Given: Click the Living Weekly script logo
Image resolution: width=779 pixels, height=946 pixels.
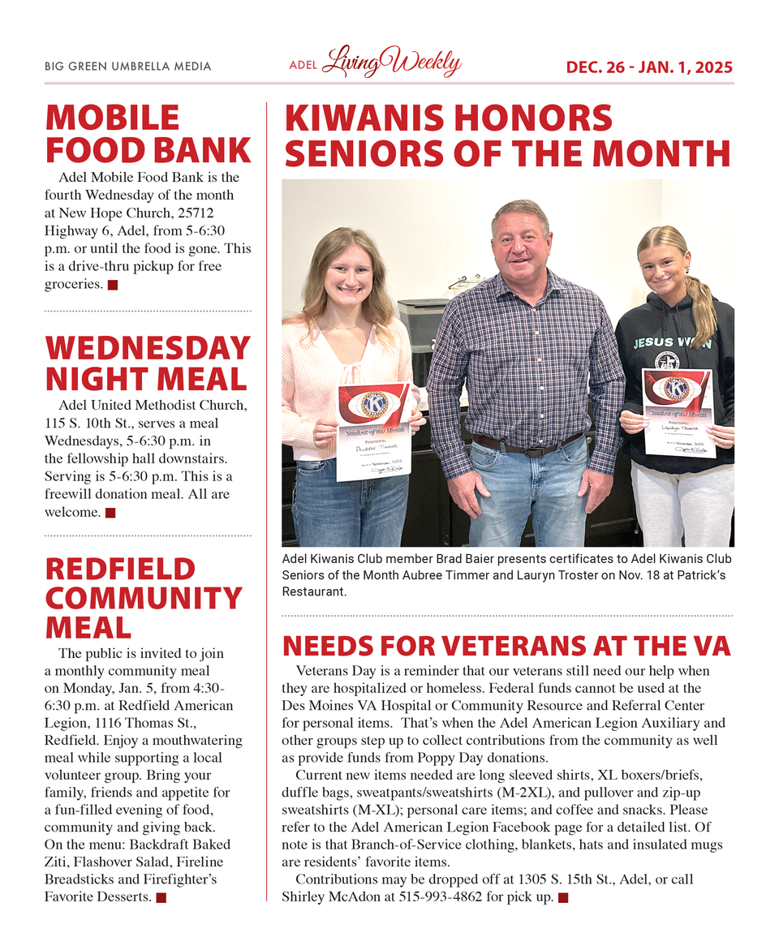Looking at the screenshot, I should click(391, 62).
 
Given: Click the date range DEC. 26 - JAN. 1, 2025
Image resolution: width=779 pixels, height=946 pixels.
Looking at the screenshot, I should click(649, 67).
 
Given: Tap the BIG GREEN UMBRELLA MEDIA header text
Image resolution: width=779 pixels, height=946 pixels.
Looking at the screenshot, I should click(127, 67).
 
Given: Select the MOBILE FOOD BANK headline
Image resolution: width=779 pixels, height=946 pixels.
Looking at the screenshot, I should click(148, 134).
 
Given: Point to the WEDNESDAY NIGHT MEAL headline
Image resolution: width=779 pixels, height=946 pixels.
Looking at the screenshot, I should click(147, 363).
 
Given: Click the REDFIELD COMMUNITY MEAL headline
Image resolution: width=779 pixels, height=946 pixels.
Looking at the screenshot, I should click(144, 598).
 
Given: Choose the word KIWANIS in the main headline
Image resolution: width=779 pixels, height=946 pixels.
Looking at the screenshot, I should click(368, 118).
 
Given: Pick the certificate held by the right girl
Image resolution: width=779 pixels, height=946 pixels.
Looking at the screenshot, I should click(678, 411).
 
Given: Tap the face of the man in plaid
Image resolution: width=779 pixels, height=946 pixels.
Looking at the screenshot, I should click(521, 242).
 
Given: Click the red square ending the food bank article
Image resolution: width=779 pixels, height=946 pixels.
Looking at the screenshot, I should click(113, 285).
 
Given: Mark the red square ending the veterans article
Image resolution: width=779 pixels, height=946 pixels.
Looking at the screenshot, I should click(563, 897).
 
